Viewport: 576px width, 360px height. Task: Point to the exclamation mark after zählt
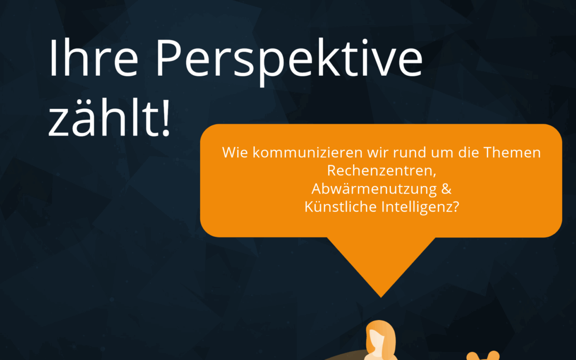(166, 117)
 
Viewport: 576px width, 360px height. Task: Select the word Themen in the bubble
(511, 152)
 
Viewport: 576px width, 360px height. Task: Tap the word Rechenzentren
(380, 170)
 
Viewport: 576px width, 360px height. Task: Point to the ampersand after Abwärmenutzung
(446, 188)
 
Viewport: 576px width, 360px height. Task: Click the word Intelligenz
(416, 207)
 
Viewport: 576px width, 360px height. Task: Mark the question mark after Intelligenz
(455, 206)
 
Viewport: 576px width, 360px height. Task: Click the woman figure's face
(375, 342)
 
